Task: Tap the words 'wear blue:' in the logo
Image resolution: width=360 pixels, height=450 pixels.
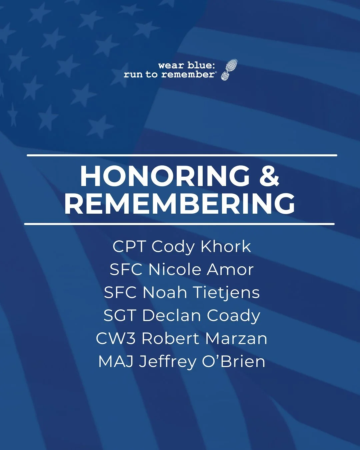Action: pos(187,65)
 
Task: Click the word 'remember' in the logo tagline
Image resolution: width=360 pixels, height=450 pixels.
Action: pos(188,74)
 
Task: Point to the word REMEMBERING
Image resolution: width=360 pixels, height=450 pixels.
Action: pos(180,203)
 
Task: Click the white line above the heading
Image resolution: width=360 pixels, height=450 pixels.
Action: pos(182,155)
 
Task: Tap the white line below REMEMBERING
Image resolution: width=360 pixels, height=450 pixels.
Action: pos(179,224)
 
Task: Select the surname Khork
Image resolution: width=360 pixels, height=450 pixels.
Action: pos(226,247)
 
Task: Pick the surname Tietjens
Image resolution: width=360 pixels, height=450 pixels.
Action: pos(226,293)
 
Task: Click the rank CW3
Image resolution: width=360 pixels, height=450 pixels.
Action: pos(116,339)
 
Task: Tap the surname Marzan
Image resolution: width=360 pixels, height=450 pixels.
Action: pos(236,339)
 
